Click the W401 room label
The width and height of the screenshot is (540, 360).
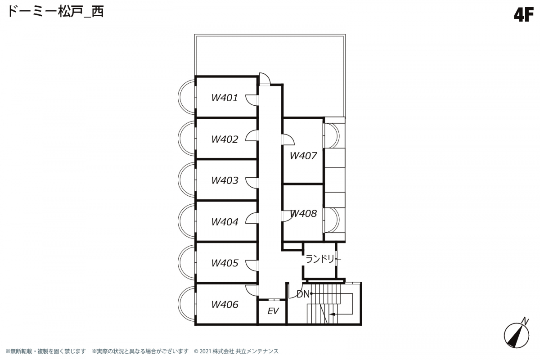[x=225, y=98]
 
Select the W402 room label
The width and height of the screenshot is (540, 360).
[x=225, y=139]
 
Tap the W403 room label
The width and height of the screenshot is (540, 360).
[x=225, y=180]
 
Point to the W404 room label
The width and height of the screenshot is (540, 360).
[x=225, y=222]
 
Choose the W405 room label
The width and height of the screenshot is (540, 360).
[x=225, y=263]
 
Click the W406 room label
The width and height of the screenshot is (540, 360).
[x=225, y=305]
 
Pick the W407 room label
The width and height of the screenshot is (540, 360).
[x=303, y=156]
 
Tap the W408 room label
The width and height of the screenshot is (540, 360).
[x=303, y=213]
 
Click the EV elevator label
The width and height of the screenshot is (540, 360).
[x=273, y=311]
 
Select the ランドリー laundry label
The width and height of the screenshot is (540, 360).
[x=323, y=259]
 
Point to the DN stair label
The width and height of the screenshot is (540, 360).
[x=303, y=294]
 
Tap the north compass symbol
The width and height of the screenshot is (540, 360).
[x=517, y=334]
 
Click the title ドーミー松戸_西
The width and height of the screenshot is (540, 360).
[x=56, y=12]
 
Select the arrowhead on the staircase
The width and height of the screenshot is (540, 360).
[x=333, y=314]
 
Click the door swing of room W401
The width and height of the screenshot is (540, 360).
[x=252, y=100]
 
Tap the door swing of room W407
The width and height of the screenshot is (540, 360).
[x=288, y=139]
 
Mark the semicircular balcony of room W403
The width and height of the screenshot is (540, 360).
[x=187, y=180]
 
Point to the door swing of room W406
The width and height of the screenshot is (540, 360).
[x=252, y=291]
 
